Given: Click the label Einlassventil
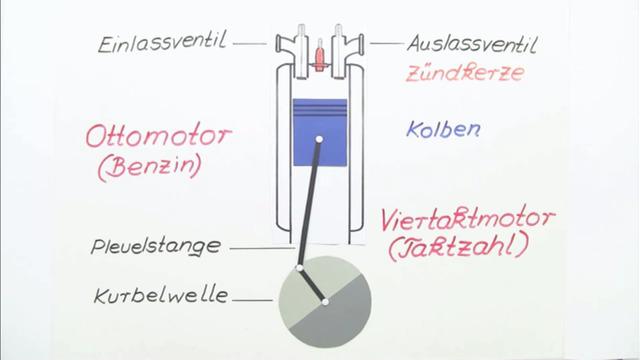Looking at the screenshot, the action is pos(162,44).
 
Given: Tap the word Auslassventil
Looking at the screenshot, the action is pos(472,45).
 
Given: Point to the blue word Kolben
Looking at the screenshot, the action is pos(444,130).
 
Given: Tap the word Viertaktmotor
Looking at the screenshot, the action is pos(469,218).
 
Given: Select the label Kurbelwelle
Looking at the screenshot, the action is pos(160,296).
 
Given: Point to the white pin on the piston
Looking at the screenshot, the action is pos(318,139).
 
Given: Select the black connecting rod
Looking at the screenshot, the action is pos(309,200).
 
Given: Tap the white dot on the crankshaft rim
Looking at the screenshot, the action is pos(299,268).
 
